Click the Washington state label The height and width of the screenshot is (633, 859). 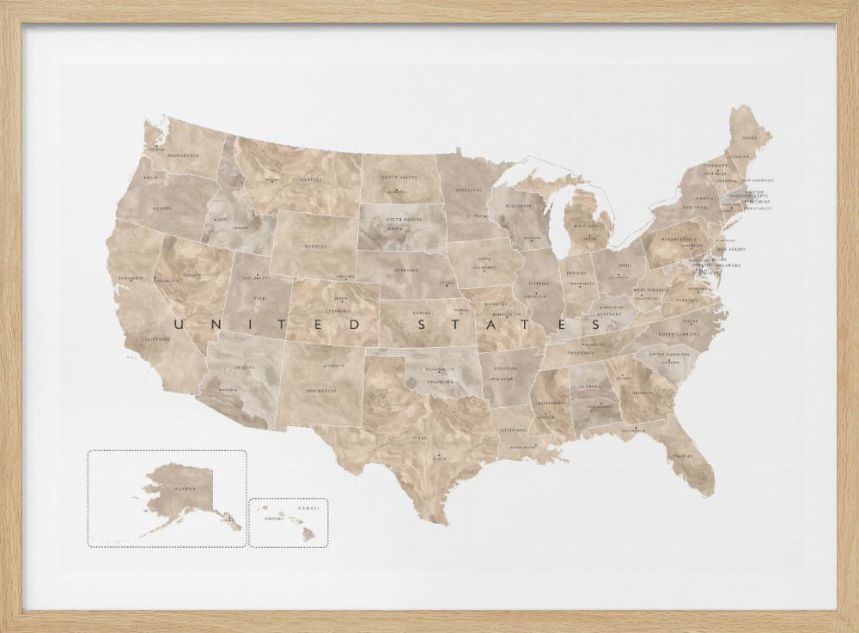183,155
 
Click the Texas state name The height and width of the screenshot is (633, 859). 420,436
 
